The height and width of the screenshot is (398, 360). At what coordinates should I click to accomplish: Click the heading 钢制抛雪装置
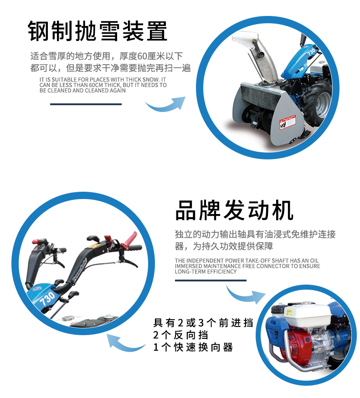coord(98,31)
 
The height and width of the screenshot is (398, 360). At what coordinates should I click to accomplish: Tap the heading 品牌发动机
coord(234,210)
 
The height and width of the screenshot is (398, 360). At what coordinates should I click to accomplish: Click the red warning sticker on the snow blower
coord(288,122)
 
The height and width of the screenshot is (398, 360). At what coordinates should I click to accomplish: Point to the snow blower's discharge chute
coord(257,56)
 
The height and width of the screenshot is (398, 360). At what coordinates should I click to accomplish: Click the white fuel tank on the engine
coord(308,315)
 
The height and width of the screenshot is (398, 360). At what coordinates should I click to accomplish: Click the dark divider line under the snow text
coord(86,104)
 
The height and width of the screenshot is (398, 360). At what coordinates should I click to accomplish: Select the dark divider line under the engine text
coord(211,281)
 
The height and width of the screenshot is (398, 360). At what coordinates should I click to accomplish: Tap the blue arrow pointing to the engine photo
coord(245,295)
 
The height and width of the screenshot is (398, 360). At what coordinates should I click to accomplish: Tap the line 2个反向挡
coord(180,335)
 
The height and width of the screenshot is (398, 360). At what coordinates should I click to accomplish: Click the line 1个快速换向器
coord(193,347)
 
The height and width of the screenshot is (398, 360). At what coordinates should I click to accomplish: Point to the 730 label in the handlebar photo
coord(47,299)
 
